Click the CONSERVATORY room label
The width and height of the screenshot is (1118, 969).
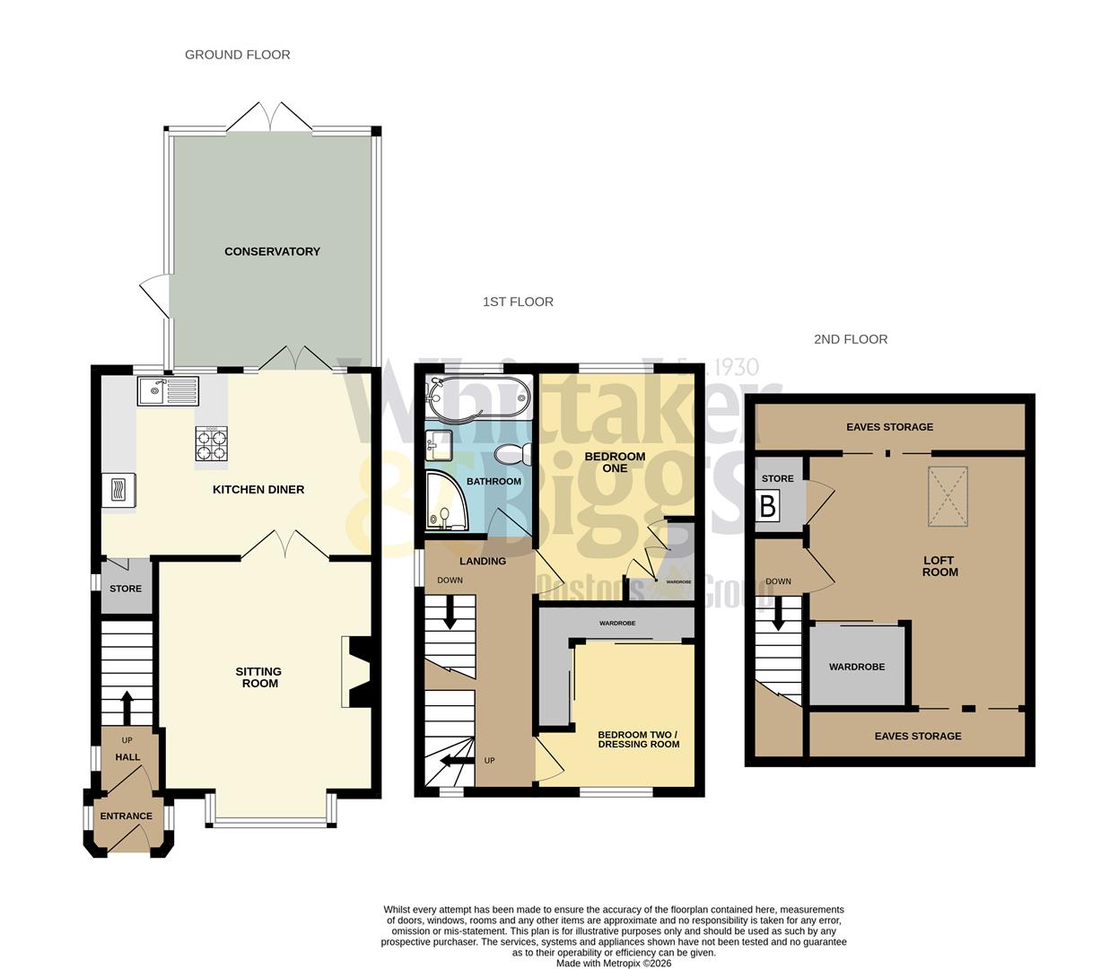[272, 251]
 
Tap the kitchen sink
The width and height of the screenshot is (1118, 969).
[168, 391]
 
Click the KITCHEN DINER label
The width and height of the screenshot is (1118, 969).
[258, 489]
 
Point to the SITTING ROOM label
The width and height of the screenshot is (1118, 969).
[258, 677]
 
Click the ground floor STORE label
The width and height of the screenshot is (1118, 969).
[126, 589]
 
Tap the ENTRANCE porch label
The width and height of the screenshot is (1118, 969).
[126, 816]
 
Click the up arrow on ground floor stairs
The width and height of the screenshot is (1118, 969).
[127, 705]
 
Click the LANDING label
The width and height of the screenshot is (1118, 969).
[483, 562]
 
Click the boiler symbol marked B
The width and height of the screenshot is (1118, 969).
[768, 507]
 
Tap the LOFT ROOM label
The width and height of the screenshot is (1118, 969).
[940, 566]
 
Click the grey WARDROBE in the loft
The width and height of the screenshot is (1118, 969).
[857, 667]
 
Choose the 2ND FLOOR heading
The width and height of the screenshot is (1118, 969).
[851, 339]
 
